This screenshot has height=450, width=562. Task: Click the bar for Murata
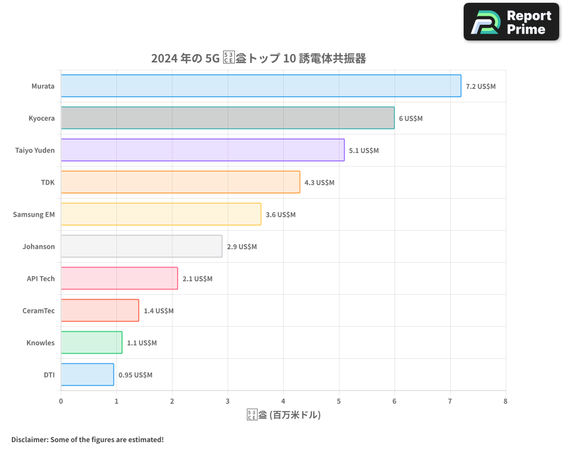tap(261, 86)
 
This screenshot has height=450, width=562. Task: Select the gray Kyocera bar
tap(228, 118)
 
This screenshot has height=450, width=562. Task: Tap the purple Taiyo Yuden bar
tap(202, 150)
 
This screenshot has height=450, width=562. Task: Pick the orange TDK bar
tap(180, 182)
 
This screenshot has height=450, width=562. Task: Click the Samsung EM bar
tap(161, 214)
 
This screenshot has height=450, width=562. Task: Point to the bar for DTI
tap(87, 375)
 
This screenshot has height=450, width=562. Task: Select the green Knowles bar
tap(92, 343)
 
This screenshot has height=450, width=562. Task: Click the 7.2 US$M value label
tap(481, 87)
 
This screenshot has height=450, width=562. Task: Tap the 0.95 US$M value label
tap(135, 375)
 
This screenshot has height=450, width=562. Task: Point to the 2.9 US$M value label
tap(242, 247)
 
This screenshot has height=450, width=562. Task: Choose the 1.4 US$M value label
tap(158, 311)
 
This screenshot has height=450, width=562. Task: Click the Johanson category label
tap(39, 246)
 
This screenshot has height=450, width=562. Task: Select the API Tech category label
tap(41, 278)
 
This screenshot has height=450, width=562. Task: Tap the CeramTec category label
tap(39, 310)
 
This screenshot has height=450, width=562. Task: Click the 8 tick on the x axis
tap(505, 402)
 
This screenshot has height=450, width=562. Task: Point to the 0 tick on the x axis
tap(61, 402)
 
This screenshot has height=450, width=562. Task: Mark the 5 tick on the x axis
tap(339, 402)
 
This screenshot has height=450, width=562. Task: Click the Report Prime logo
tap(511, 22)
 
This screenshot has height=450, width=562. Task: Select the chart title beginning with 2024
tap(259, 58)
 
